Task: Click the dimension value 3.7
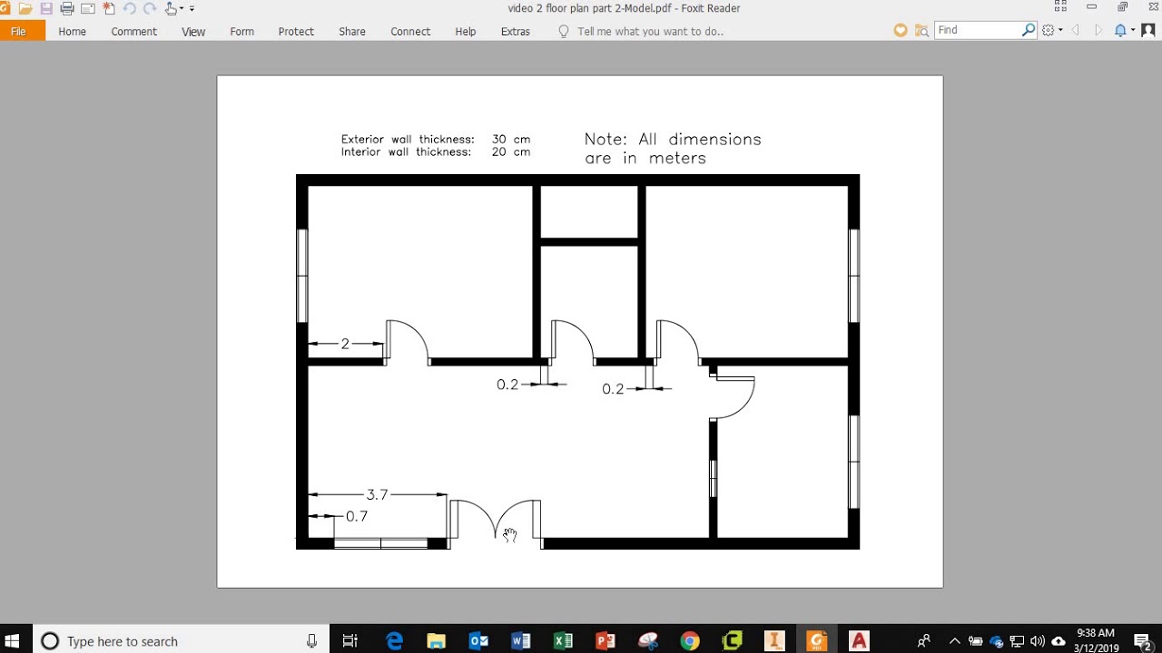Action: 377,494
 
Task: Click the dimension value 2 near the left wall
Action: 345,344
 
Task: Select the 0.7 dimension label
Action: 357,516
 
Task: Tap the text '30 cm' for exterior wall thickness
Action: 511,140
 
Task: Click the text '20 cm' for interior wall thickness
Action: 511,152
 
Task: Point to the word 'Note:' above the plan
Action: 606,140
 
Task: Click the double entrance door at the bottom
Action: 496,523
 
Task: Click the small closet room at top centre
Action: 589,212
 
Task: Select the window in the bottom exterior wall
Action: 380,543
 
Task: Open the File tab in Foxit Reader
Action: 19,31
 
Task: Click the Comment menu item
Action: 134,31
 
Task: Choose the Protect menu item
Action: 296,31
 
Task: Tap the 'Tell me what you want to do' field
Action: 650,31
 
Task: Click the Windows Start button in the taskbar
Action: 13,641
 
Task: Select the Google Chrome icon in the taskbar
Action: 690,641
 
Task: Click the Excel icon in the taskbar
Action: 563,641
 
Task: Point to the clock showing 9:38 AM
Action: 1095,633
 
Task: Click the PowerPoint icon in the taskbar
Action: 606,641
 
